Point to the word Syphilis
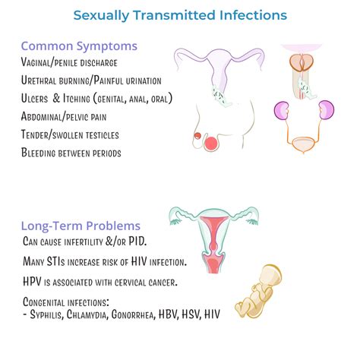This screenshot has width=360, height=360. pos(53,314)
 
